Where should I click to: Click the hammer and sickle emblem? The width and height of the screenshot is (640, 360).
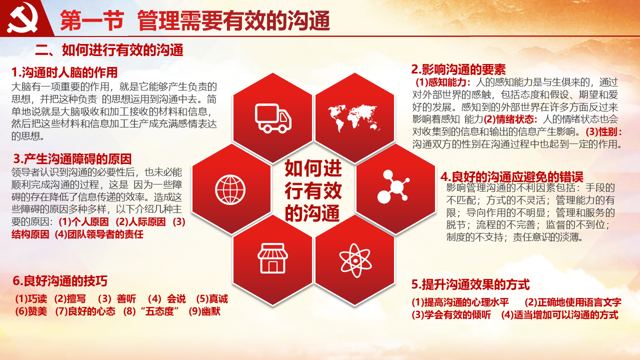[x=23, y=17]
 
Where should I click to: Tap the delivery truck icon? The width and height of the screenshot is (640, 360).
[x=273, y=118]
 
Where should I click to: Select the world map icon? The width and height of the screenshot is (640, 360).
[x=354, y=118]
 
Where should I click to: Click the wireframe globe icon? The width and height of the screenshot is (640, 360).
[x=230, y=189]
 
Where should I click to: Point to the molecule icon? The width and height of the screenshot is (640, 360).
[x=393, y=187]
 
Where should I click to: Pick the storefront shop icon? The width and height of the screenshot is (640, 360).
[x=272, y=258]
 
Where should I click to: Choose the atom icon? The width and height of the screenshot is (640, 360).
[x=355, y=260]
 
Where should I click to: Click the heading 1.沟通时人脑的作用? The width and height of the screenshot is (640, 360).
[x=64, y=72]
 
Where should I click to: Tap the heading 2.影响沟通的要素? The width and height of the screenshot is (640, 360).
[x=458, y=69]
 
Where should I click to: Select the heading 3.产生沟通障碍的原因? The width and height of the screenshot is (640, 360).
[x=72, y=159]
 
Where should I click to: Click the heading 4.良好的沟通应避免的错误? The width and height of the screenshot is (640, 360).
[x=511, y=177]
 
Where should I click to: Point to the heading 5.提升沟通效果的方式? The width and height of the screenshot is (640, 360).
[x=470, y=284]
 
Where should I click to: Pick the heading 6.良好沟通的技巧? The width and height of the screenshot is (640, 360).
[x=60, y=281]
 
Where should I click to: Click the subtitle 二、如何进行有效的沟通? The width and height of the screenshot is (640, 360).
[x=109, y=50]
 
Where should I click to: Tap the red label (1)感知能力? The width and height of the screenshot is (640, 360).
[x=443, y=82]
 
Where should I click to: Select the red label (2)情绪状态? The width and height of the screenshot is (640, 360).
[x=510, y=118]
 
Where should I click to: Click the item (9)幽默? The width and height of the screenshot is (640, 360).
[x=204, y=311]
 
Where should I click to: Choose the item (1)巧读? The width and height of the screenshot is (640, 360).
[x=31, y=299]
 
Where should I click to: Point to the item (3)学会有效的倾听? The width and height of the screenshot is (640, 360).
[x=451, y=315]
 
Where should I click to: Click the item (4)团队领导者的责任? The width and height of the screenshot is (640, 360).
[x=99, y=234]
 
